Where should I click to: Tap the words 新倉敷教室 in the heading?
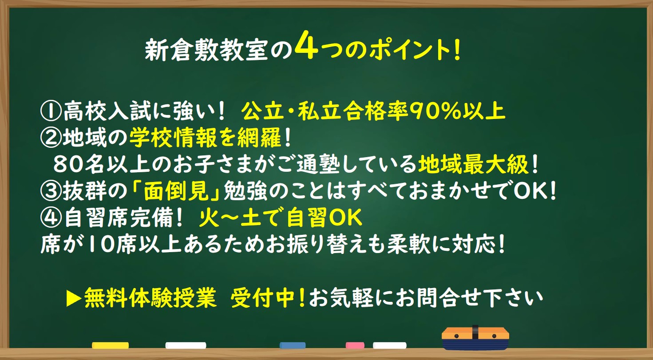click(206, 50)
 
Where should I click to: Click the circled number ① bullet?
click(51, 111)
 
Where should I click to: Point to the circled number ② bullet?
click(51, 138)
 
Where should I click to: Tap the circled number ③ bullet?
click(51, 191)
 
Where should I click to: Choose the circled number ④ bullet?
click(51, 218)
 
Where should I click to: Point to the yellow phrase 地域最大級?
click(473, 164)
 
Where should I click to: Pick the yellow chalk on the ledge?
click(110, 345)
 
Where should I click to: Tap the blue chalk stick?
click(293, 345)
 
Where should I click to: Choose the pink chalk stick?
click(355, 345)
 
